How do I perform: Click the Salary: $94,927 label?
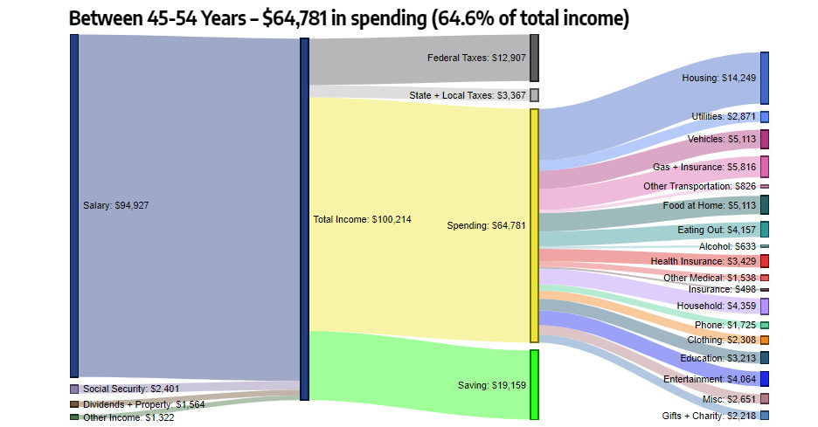pyautogui.click(x=114, y=206)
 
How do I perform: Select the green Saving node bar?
pyautogui.click(x=534, y=384)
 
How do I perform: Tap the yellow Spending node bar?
pyautogui.click(x=534, y=225)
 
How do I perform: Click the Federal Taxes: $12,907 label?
pyautogui.click(x=476, y=59)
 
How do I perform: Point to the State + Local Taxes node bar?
pyautogui.click(x=534, y=95)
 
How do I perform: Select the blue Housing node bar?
pyautogui.click(x=765, y=78)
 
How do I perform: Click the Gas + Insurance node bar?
pyautogui.click(x=765, y=167)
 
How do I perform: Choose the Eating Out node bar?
pyautogui.click(x=765, y=230)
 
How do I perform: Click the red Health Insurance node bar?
pyautogui.click(x=765, y=261)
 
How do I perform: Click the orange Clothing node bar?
pyautogui.click(x=765, y=340)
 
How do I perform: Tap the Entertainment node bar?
pyautogui.click(x=765, y=379)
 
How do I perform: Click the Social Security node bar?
pyautogui.click(x=74, y=389)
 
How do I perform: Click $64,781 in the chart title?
pyautogui.click(x=298, y=18)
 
